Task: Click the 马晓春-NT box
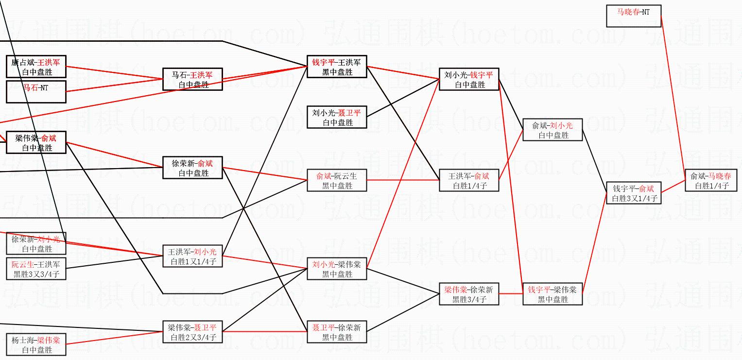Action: [634, 16]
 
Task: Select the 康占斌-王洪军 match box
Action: [36, 67]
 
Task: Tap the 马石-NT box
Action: [36, 92]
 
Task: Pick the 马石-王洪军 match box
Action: [192, 79]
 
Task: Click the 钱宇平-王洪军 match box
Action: [337, 67]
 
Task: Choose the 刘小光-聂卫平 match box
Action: [337, 117]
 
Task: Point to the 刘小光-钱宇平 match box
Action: [469, 79]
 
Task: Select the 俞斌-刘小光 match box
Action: [552, 130]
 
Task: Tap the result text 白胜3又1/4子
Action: [634, 198]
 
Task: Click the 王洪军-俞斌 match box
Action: [469, 180]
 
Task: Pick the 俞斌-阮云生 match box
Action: [337, 180]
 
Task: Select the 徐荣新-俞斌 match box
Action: [192, 168]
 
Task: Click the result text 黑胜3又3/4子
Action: [36, 274]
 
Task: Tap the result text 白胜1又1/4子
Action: [193, 261]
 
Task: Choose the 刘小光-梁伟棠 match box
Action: [337, 269]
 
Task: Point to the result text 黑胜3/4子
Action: [469, 299]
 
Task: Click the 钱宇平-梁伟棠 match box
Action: [552, 294]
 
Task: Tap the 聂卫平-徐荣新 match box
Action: [337, 332]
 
